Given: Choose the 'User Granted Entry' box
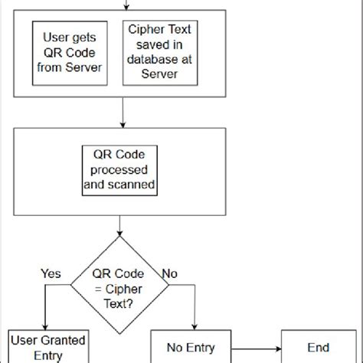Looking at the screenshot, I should [47, 345].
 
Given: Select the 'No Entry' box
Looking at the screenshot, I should [191, 346].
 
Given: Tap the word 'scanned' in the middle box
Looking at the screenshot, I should [120, 184].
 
